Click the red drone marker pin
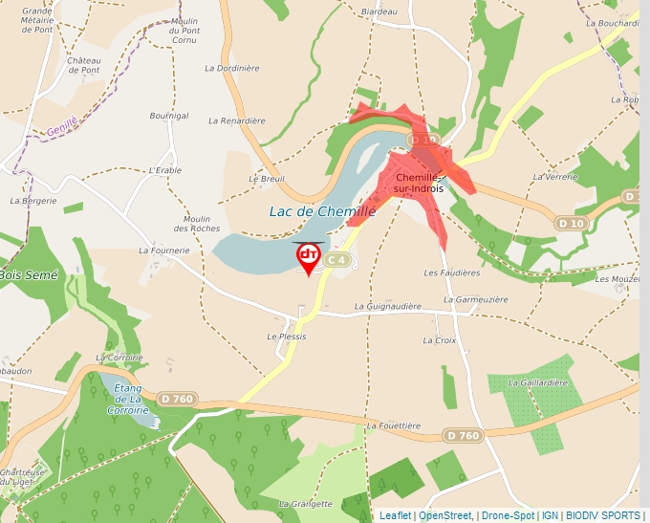click(x=309, y=256)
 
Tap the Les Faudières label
click(x=451, y=272)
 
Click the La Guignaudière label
click(x=387, y=307)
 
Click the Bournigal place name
click(x=169, y=116)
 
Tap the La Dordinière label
click(x=232, y=68)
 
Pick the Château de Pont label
click(x=84, y=65)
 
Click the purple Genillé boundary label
click(x=61, y=123)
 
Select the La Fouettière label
click(x=392, y=425)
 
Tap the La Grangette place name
click(x=306, y=504)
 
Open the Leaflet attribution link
click(x=395, y=515)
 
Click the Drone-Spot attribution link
click(x=507, y=515)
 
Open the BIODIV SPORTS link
click(x=602, y=515)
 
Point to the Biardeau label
click(x=379, y=11)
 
